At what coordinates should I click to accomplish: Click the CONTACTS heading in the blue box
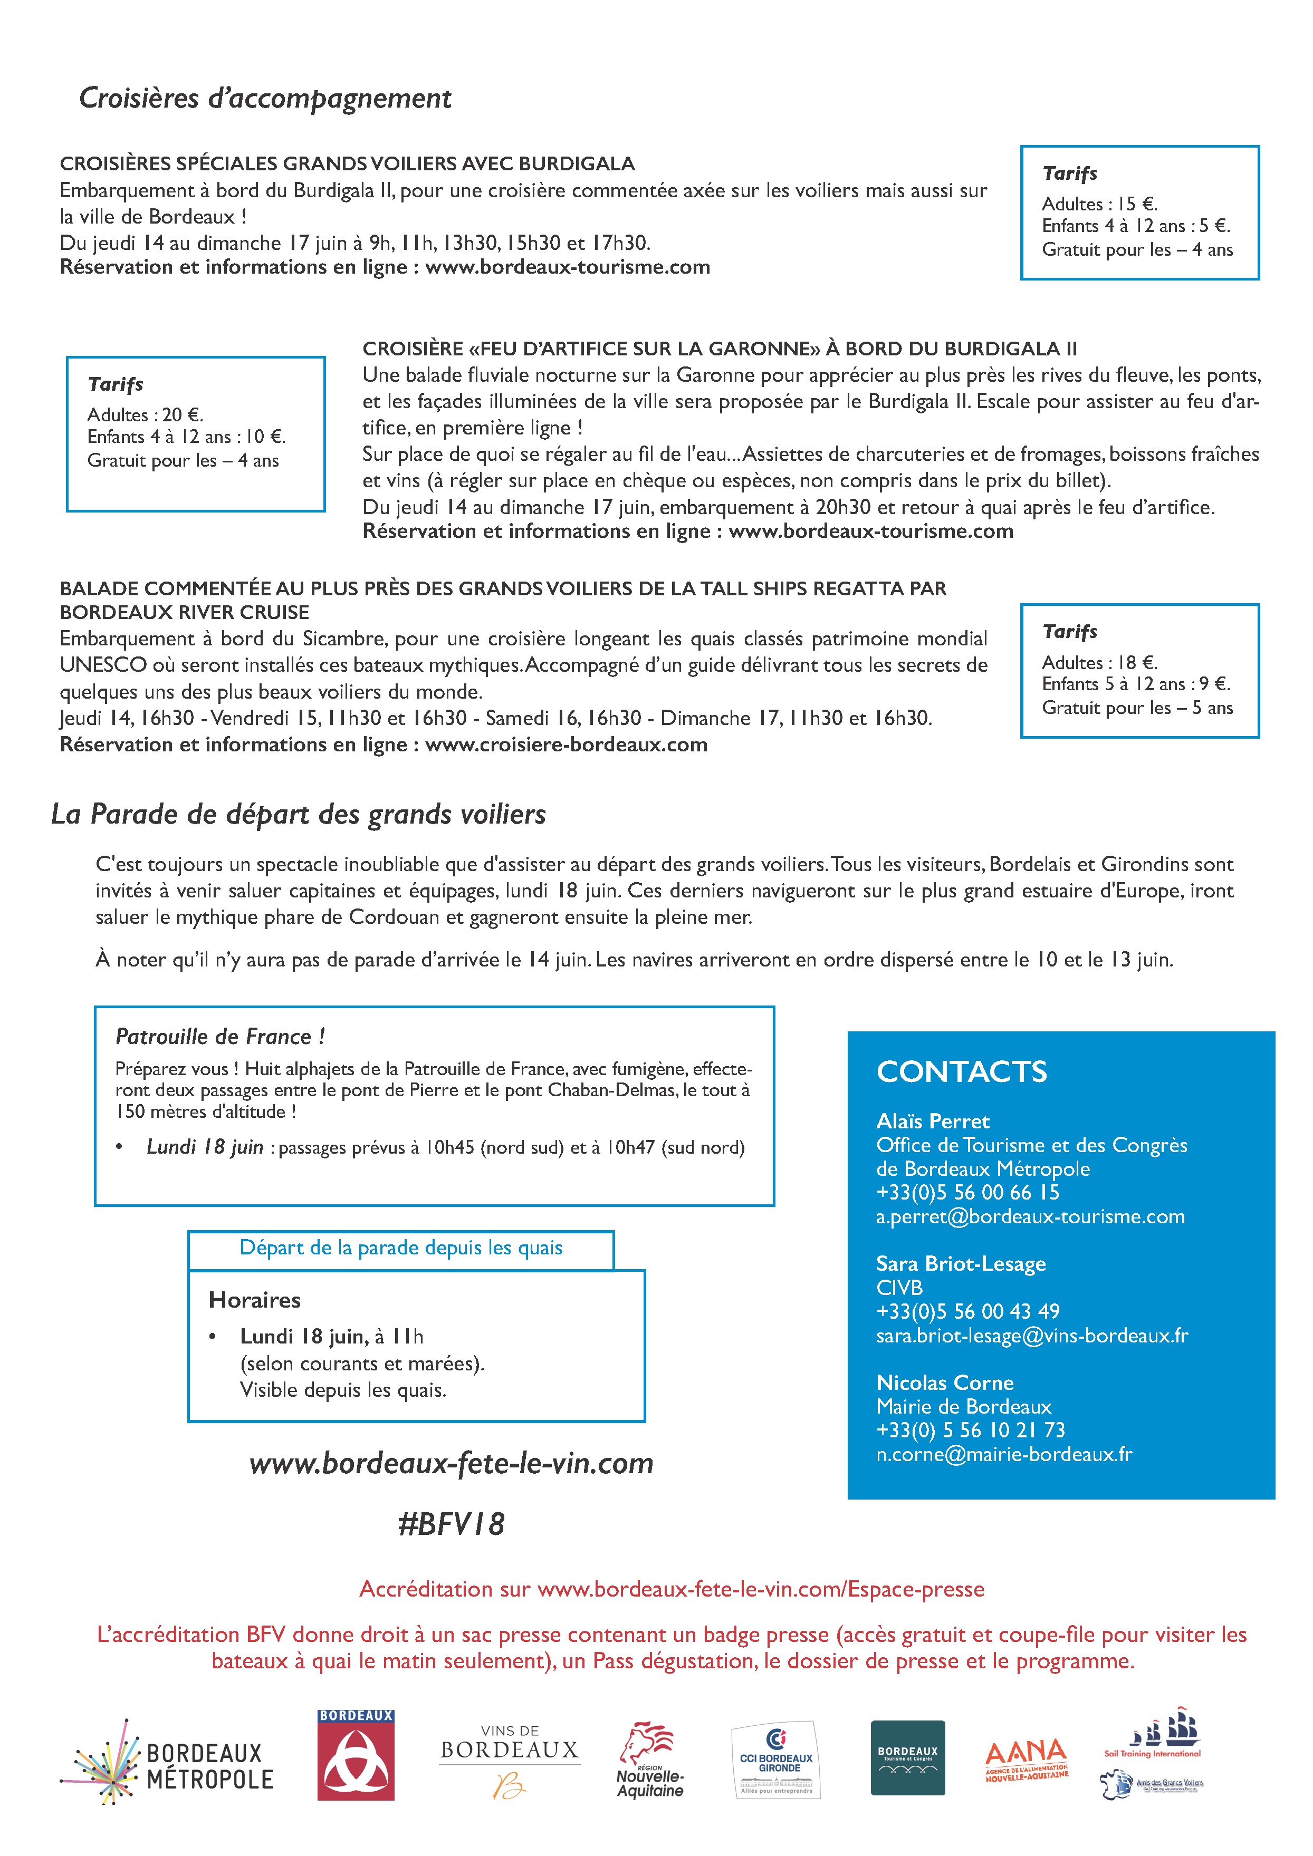961,1072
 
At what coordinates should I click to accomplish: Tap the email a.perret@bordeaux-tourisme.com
1030,1216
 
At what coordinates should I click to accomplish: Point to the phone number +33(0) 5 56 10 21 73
970,1430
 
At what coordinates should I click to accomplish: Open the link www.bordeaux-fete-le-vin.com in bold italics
451,1463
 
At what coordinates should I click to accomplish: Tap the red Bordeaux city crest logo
356,1755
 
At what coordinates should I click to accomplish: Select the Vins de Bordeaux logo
510,1761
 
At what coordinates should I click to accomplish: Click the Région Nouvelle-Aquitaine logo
650,1761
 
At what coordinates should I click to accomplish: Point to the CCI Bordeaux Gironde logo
776,1761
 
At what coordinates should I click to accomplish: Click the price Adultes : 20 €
146,414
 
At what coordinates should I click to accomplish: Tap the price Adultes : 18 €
1099,663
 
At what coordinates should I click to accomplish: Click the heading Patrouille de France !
220,1036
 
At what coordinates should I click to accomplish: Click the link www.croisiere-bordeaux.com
566,745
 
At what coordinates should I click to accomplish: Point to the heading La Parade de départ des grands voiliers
299,814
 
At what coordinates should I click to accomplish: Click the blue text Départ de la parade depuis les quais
401,1248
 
